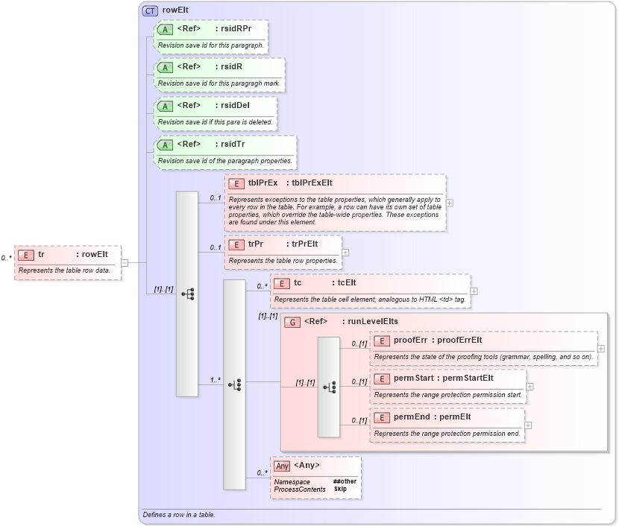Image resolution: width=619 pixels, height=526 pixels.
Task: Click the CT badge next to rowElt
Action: (150, 10)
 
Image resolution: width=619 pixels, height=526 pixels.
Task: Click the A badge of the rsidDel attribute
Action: (166, 106)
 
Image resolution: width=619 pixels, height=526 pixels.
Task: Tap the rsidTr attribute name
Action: (231, 144)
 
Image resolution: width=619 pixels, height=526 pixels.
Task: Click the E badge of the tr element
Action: (25, 255)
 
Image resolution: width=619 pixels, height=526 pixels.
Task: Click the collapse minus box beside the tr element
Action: (125, 262)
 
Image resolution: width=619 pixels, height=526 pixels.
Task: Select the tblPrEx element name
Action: (263, 183)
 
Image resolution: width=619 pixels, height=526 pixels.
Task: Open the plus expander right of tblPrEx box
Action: (450, 203)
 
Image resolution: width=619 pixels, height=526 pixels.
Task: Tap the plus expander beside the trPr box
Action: (345, 252)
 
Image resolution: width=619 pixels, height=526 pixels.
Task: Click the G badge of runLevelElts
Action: (293, 323)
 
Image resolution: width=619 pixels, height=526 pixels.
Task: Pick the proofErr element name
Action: (410, 340)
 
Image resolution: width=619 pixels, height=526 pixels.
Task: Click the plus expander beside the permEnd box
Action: (528, 425)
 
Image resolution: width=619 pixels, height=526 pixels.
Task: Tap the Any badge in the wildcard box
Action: (282, 466)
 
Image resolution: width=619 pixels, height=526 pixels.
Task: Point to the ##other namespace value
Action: (345, 481)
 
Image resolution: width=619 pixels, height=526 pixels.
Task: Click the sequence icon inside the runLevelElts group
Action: (329, 387)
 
